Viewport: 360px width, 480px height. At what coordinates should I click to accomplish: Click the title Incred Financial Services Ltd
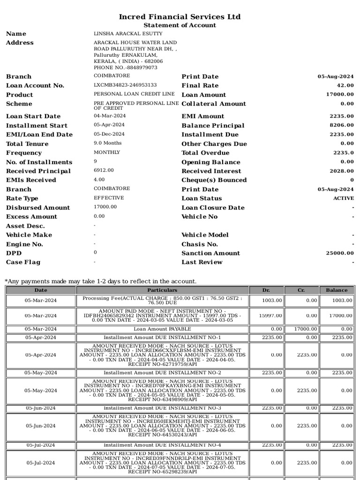coord(180,17)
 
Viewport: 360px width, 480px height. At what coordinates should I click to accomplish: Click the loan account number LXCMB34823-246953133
coord(125,85)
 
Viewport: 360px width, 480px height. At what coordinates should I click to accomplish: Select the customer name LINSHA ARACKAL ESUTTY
coord(128,34)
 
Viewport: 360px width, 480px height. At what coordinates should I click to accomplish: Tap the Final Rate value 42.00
coord(345,85)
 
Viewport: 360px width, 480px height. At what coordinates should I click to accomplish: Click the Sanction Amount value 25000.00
coord(340,253)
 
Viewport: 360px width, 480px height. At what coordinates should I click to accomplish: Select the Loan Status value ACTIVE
coord(344,198)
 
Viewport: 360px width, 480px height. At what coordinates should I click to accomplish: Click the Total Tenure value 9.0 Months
coord(107,143)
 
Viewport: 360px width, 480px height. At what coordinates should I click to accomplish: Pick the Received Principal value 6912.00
coord(104,171)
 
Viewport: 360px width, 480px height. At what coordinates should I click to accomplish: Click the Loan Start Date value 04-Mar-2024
coord(110,116)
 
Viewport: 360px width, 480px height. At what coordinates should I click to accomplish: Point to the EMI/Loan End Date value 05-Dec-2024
coord(109,134)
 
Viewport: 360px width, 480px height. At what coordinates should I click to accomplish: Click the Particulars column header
coord(162,290)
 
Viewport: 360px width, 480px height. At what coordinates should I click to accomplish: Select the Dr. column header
coord(266,290)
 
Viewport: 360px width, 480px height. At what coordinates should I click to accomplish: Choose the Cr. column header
coord(301,290)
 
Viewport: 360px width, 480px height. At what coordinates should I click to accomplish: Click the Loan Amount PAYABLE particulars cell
coord(162,329)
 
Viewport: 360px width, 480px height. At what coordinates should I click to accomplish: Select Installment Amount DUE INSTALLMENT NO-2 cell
coord(162,373)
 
